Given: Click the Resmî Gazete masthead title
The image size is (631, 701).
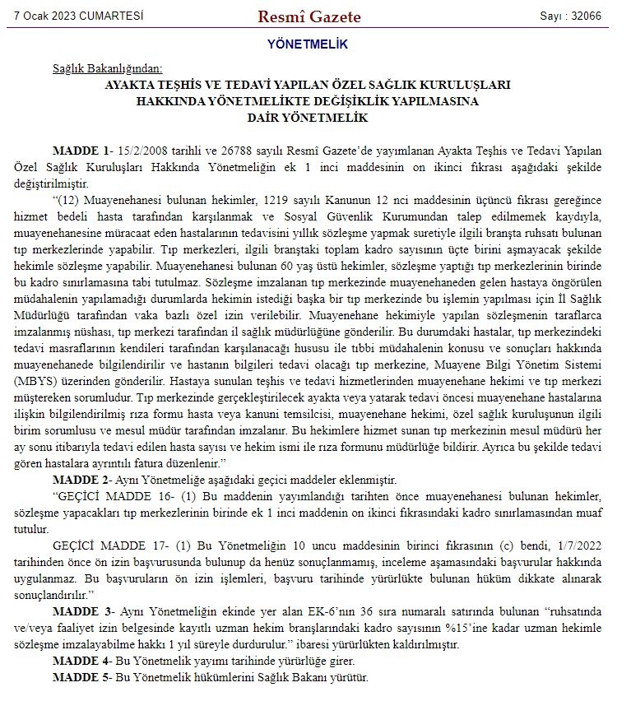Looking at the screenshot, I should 309,16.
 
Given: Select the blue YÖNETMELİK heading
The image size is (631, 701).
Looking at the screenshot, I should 308,44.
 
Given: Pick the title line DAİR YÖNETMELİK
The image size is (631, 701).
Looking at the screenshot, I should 308,118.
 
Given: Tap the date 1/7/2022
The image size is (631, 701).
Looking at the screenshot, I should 577,545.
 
